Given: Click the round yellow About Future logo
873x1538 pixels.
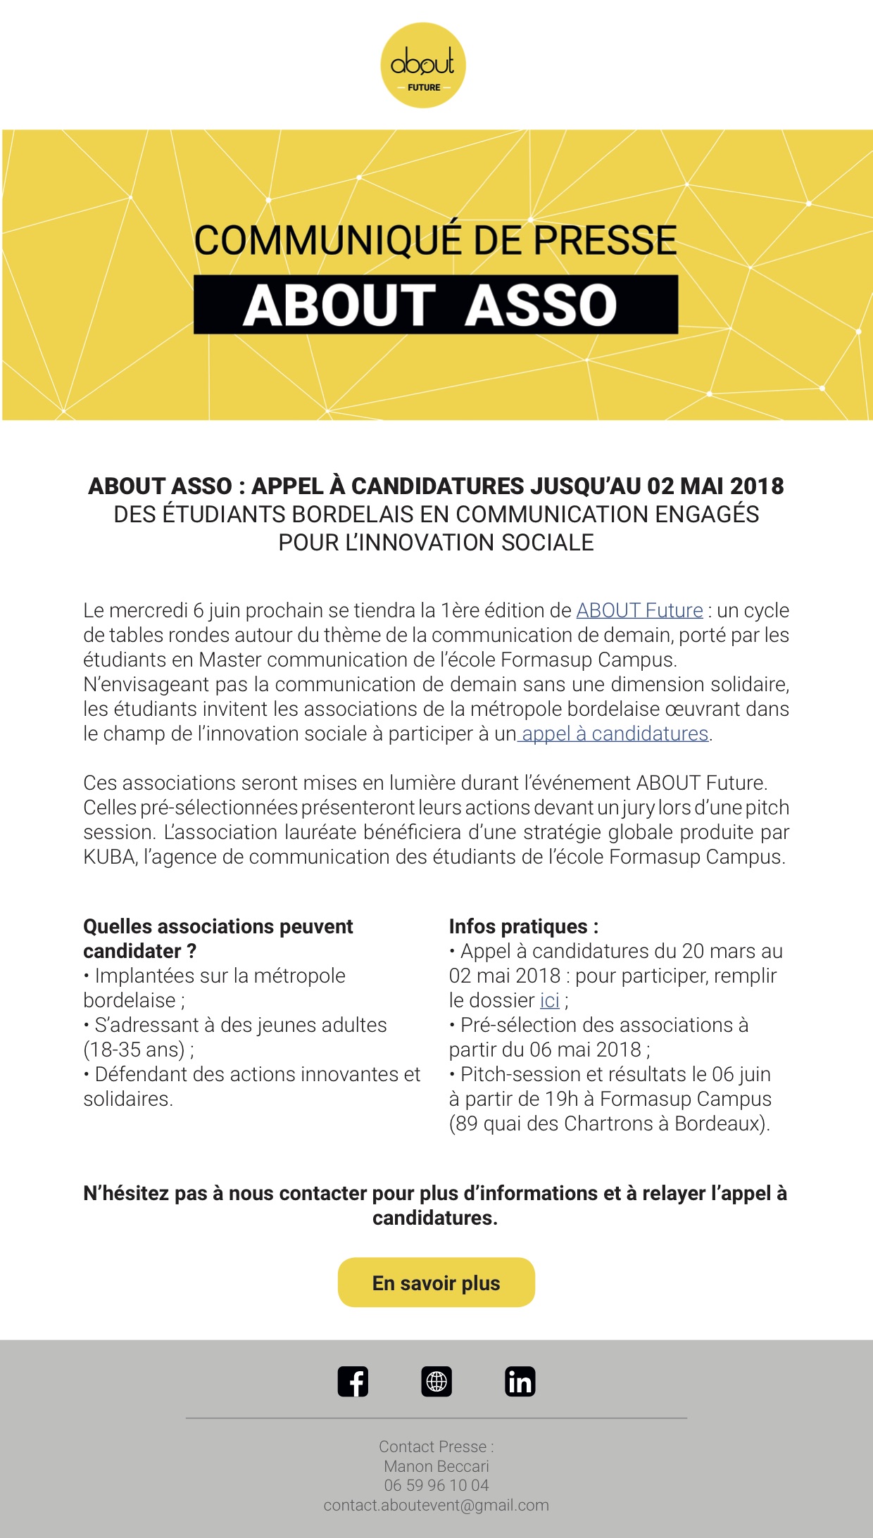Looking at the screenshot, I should click(422, 65).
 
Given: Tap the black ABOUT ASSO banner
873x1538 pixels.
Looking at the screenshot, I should click(435, 305).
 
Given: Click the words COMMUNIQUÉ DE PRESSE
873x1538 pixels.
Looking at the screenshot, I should click(435, 240).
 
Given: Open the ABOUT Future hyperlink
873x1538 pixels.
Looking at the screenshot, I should click(639, 610).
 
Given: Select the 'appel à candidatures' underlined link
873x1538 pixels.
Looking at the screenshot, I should click(615, 733).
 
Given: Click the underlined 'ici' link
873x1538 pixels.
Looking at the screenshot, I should click(549, 1000).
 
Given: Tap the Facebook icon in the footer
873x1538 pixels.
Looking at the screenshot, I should click(353, 1381).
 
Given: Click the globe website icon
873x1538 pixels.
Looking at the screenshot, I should click(436, 1381).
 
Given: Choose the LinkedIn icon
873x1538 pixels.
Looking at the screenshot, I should click(520, 1381).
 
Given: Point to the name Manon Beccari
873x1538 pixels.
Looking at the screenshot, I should click(436, 1466).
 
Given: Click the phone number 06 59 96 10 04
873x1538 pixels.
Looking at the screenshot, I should click(436, 1485).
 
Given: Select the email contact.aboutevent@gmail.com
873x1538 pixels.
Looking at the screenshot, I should click(436, 1505).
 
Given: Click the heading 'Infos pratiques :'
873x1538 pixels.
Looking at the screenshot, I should click(524, 926).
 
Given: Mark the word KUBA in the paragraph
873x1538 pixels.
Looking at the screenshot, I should click(109, 857).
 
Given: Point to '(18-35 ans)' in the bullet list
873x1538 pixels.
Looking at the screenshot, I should click(134, 1050).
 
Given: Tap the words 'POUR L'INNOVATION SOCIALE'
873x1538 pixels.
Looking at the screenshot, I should click(436, 543).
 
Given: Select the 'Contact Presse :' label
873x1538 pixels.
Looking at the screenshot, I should click(436, 1446).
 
